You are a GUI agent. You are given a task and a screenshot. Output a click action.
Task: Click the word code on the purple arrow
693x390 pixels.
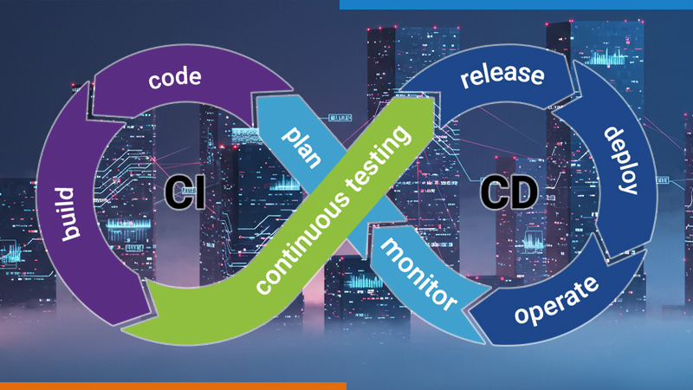click(x=175, y=79)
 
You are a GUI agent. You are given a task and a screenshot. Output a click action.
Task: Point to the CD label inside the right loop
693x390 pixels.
click(x=507, y=190)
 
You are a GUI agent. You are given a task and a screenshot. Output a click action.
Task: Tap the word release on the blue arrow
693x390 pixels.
click(x=502, y=75)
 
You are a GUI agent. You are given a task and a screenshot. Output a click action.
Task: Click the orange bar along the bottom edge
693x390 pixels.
click(x=173, y=386)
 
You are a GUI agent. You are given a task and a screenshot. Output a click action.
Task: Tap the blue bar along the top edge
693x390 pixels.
click(x=515, y=4)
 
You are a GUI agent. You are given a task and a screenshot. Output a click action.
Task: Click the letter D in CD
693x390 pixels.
click(x=520, y=190)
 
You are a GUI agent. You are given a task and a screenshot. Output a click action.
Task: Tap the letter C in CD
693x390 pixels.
click(x=493, y=190)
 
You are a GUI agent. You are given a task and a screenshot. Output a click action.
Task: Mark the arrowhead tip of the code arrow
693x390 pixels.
click(x=295, y=88)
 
